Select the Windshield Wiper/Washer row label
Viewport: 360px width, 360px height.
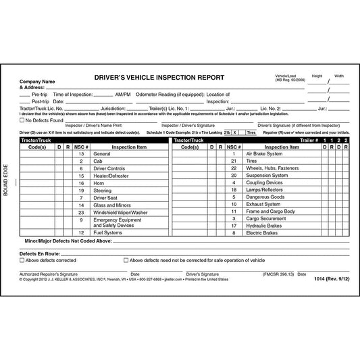coord(120,213)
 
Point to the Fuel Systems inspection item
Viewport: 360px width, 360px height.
coord(109,232)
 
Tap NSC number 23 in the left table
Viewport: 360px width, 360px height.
coord(80,213)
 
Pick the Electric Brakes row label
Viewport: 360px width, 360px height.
coord(263,232)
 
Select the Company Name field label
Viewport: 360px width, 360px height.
coord(38,81)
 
